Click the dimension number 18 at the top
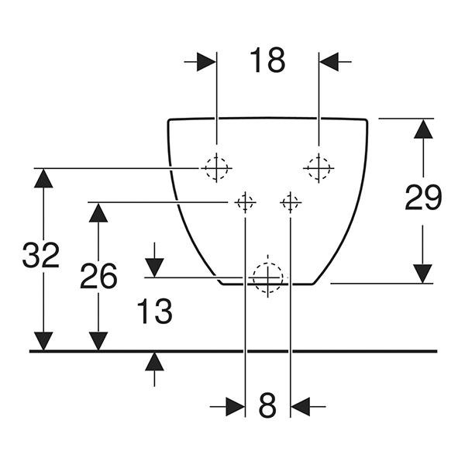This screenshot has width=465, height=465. point(267,60)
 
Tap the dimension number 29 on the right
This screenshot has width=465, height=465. point(423,197)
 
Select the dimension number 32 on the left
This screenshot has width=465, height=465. point(41,255)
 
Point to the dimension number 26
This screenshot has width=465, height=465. point(98,276)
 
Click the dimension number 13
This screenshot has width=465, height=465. point(155,312)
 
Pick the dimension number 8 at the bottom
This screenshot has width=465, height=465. point(267,405)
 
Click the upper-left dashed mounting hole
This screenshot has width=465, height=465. point(216,168)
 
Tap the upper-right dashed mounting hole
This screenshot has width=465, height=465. point(319,168)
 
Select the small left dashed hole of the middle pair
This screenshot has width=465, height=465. point(245,202)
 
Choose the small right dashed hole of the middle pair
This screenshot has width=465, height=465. point(291,202)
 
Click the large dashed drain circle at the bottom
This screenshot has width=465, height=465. point(268,277)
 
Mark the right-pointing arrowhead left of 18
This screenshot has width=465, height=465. point(206,62)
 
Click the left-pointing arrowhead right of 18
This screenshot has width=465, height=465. point(329,62)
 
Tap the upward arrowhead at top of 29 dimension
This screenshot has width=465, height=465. point(423,129)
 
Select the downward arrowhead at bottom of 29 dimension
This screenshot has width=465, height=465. point(423,274)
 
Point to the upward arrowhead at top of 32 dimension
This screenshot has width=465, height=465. point(43,178)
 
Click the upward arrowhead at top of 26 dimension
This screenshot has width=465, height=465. point(98,212)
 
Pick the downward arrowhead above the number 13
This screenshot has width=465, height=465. point(154,268)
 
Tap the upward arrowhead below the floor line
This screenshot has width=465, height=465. point(154,361)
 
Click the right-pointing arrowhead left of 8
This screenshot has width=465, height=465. point(235,407)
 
